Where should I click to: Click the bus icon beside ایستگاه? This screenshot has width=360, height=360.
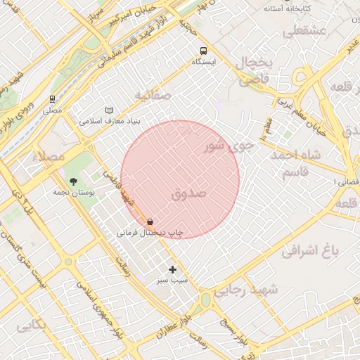coord(203,51)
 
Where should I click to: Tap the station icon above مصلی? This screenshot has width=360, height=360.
coord(53,99)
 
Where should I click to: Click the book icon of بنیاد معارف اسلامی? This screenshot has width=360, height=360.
coord(108,110)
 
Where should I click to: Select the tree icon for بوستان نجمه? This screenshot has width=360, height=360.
coord(73,181)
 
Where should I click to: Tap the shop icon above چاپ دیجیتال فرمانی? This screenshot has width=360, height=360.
coord(150,221)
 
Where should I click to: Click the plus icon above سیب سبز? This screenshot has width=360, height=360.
coord(173,269)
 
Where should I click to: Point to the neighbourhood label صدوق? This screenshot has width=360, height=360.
coord(188,193)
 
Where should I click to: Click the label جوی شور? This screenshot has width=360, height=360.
coord(226,146)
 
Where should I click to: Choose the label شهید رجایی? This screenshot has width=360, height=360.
coord(246,289)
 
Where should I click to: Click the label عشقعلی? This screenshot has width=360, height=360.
coord(304,31)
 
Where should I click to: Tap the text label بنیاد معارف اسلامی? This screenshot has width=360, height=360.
coord(110,121)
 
